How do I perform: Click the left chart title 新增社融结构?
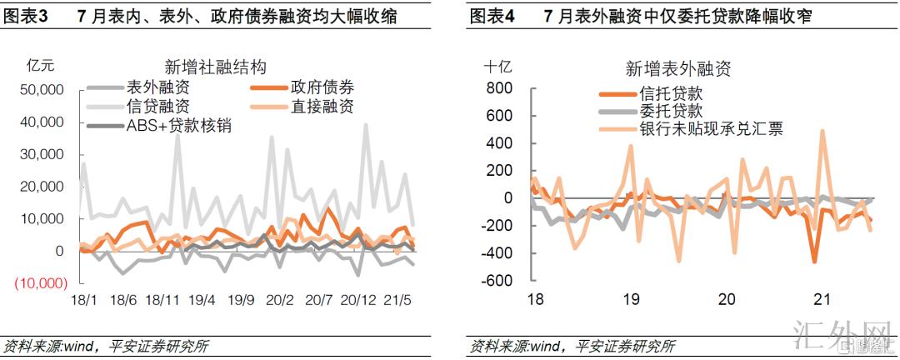pos(216,67)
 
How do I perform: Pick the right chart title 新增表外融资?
pos(677,68)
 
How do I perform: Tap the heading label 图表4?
pos(492,16)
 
